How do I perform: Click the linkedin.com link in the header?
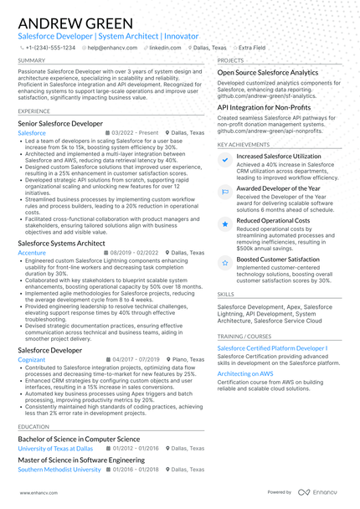[x=167, y=48]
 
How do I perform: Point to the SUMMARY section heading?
[x=32, y=61]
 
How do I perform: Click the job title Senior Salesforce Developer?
[x=60, y=123]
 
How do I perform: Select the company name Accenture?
[x=32, y=252]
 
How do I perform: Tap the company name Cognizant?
[x=33, y=358]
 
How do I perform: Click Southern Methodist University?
[x=59, y=470]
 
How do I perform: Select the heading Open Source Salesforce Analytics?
[x=267, y=73]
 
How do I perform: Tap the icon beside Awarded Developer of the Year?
[x=224, y=189]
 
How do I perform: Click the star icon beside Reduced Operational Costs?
[x=224, y=224]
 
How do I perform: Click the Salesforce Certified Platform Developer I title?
[x=272, y=347]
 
